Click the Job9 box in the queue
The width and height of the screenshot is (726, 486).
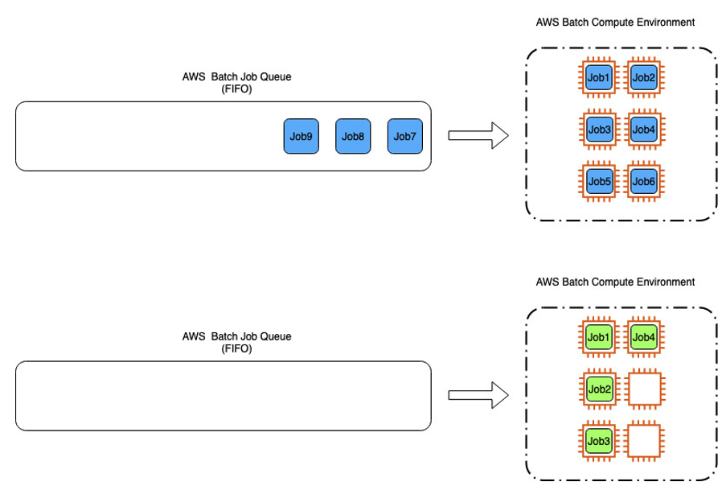pos(301,136)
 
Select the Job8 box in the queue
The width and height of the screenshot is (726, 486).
pos(353,136)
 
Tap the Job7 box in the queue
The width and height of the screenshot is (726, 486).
pos(404,136)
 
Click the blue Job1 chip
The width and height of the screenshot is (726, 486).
pos(599,77)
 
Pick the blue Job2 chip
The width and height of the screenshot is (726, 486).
pos(644,77)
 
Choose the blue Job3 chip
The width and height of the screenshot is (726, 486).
pos(599,129)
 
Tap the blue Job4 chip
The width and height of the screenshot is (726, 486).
pos(644,129)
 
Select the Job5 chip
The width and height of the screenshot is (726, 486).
pos(599,181)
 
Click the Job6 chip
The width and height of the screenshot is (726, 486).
pos(644,181)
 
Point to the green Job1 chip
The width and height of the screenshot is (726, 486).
pos(599,337)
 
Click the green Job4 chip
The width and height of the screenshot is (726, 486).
pos(644,337)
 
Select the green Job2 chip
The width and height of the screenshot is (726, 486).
pos(599,389)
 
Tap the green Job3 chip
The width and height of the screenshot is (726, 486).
pos(599,441)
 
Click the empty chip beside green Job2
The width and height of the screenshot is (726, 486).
pos(644,389)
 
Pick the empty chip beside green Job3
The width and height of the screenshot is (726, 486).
pos(644,441)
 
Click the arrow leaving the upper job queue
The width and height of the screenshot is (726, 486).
pos(478,136)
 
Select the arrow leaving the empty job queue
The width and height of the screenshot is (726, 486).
pos(478,395)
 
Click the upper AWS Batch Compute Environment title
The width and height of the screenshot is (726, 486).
pos(615,23)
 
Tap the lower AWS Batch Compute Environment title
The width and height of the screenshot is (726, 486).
pos(615,282)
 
